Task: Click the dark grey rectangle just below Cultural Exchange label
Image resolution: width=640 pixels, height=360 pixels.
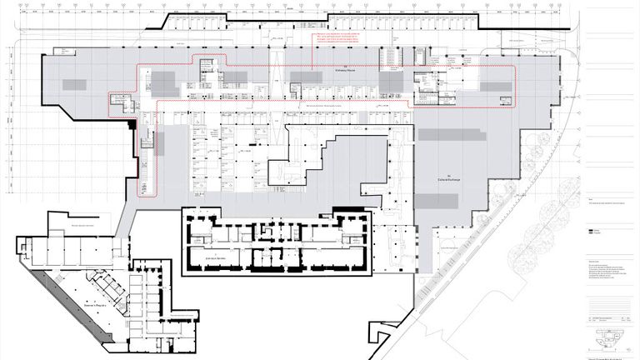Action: click(437, 201)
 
